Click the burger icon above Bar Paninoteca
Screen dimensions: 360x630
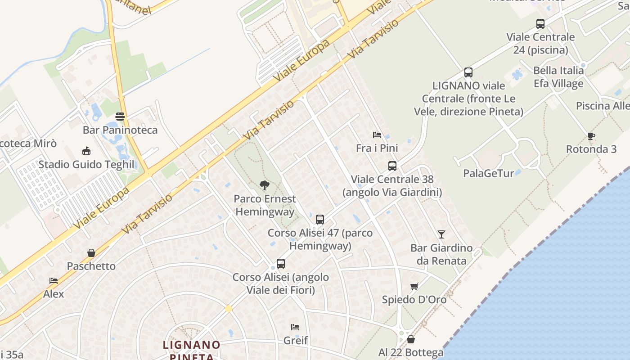120,117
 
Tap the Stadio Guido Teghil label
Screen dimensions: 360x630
86,164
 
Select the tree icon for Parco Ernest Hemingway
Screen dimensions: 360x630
265,185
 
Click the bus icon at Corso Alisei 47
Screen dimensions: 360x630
320,220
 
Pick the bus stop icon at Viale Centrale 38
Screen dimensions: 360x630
392,166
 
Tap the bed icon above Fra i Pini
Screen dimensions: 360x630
377,135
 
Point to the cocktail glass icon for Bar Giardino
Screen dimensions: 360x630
441,234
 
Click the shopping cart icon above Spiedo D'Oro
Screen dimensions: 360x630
414,286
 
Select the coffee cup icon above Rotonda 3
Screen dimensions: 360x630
591,136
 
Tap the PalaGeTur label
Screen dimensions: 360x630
488,173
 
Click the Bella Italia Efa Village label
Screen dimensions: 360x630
558,77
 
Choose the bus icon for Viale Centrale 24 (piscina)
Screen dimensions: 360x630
540,23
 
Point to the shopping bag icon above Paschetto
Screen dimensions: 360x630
91,253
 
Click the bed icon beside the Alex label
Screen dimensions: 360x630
54,281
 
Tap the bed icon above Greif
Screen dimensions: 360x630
295,327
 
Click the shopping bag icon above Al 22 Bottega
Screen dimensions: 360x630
411,339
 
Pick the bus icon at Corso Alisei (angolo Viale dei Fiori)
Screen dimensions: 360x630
281,264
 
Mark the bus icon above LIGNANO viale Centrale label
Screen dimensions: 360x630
468,72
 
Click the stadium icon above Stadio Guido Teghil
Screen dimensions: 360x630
86,151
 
